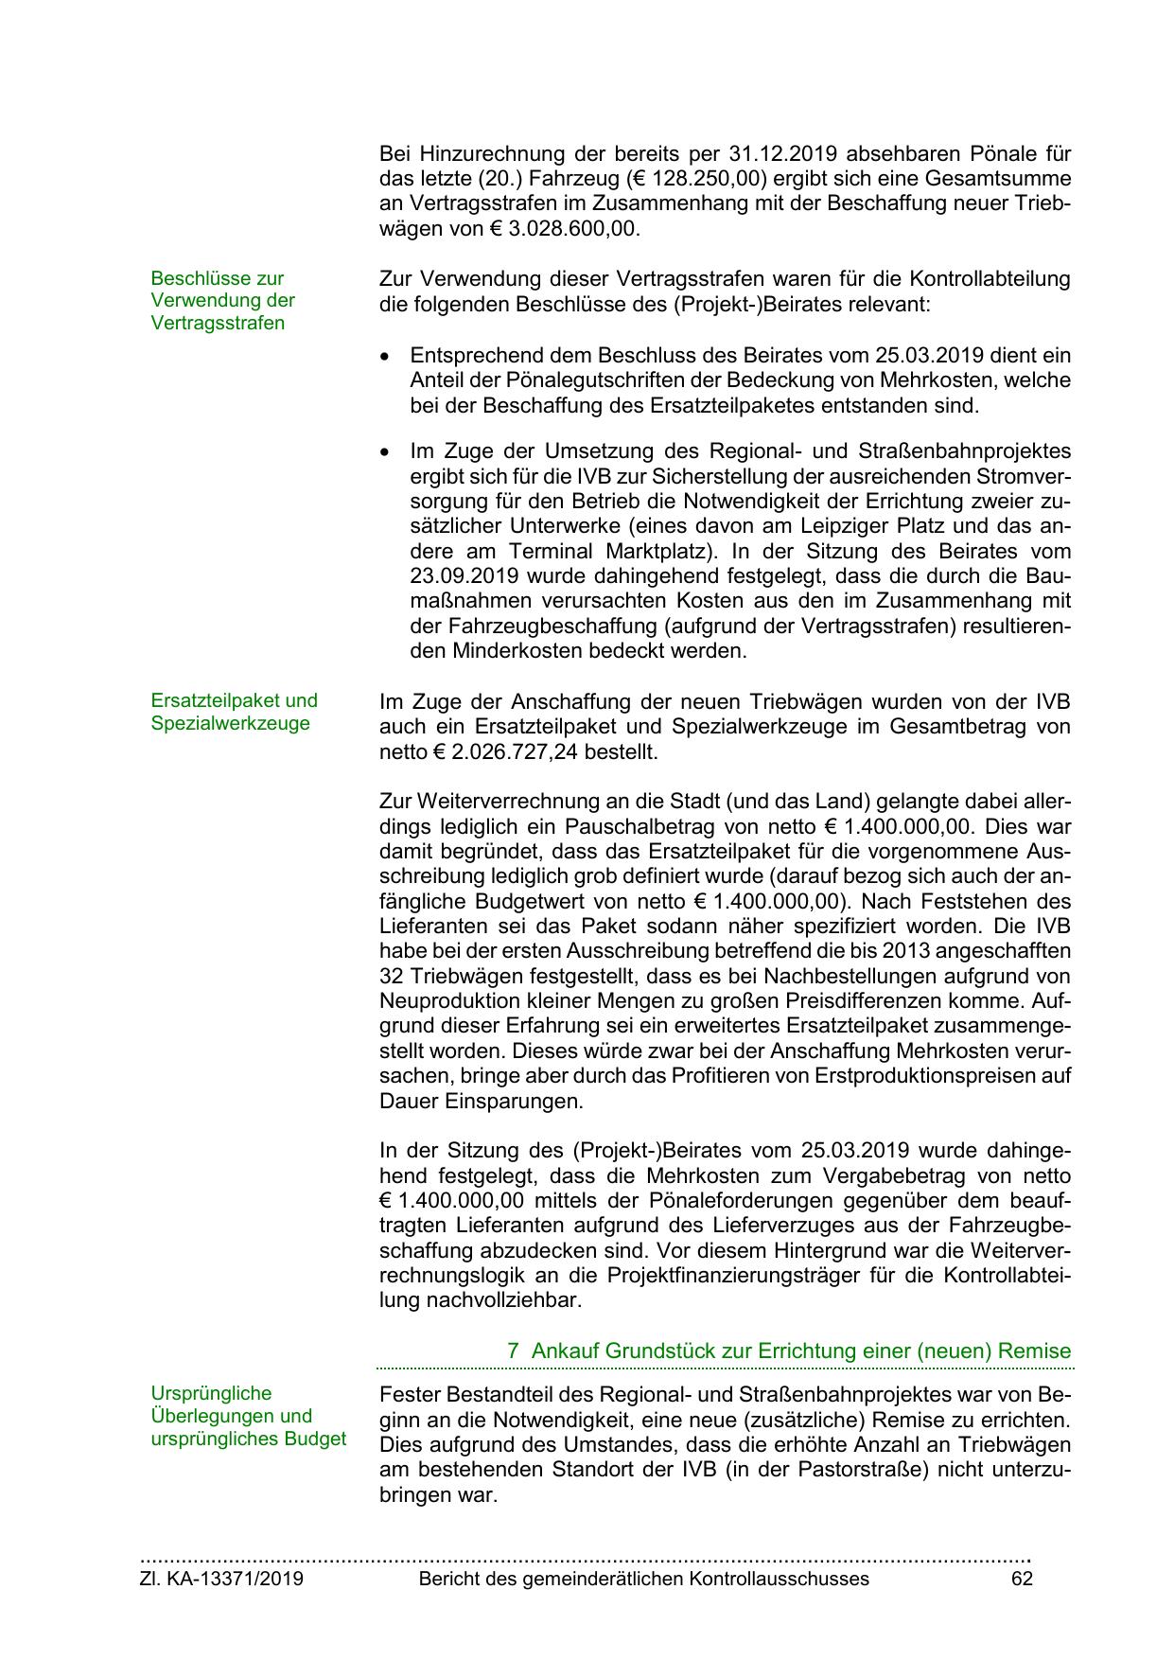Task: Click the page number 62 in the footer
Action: pos(1022,1579)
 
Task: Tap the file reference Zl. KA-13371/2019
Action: pos(221,1579)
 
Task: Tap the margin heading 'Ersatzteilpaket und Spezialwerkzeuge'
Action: pos(234,713)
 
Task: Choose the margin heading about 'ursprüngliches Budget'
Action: pos(248,1416)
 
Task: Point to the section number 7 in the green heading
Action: pos(513,1351)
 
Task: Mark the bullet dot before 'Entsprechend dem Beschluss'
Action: pos(384,358)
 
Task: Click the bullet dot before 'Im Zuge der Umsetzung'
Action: pos(384,452)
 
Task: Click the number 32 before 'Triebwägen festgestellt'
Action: pos(392,976)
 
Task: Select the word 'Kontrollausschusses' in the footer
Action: pos(779,1579)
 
